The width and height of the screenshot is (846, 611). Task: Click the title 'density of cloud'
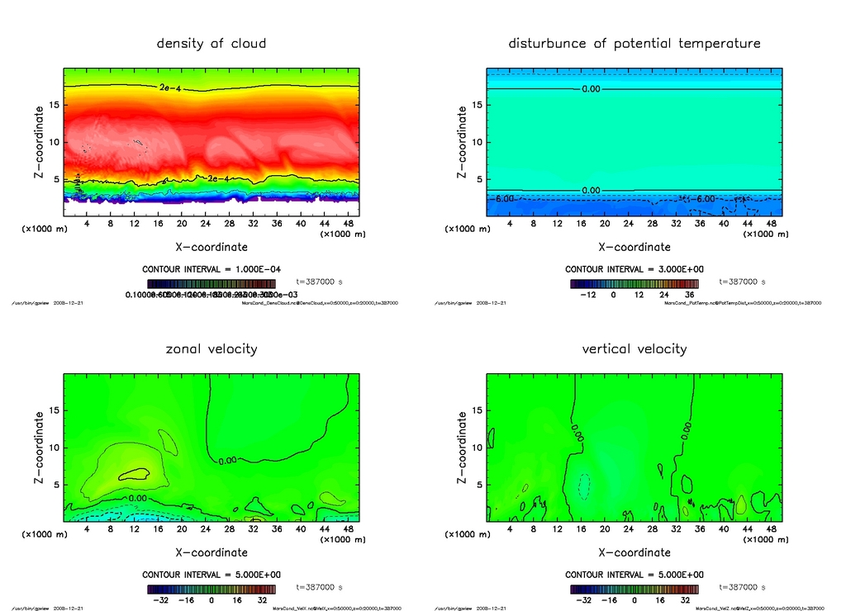211,44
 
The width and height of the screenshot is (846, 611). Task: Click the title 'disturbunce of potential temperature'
634,44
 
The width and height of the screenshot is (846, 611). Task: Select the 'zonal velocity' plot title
211,349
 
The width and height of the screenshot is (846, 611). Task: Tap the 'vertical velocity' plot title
634,349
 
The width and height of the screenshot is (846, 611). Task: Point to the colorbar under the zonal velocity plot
211,590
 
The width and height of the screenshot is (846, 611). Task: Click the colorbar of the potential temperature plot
634,284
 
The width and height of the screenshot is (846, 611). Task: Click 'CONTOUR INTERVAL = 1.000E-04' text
211,269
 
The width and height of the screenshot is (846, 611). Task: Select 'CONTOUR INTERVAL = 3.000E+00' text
634,269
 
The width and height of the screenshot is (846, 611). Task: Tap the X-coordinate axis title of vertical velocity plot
634,552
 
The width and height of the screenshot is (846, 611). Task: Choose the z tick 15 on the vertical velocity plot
477,410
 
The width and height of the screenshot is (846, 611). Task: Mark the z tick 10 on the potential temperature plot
477,142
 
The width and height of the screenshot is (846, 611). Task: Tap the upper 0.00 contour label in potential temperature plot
591,88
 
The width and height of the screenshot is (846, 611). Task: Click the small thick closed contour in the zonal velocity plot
134,474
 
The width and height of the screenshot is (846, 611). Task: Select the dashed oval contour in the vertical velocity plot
584,485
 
